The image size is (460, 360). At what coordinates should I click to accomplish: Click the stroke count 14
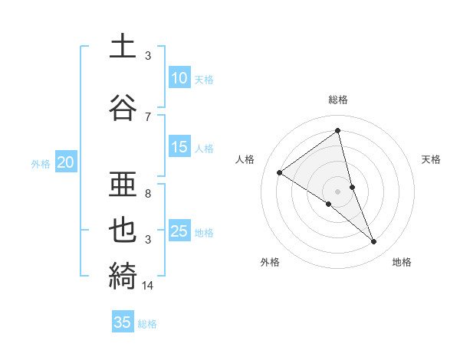(x=149, y=286)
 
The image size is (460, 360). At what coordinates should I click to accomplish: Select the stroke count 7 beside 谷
(x=148, y=116)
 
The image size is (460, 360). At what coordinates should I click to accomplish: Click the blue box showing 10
(x=179, y=77)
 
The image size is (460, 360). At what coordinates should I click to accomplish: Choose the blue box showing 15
(x=179, y=147)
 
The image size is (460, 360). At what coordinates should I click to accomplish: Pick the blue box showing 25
(x=179, y=231)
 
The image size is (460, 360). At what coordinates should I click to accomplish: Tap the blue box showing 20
(x=66, y=162)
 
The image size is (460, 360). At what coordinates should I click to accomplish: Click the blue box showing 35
(x=123, y=322)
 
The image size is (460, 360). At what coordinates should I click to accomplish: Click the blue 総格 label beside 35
(x=147, y=324)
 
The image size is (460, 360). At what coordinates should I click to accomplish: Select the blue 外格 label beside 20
(x=41, y=163)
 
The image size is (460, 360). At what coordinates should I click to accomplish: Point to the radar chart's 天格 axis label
(x=431, y=159)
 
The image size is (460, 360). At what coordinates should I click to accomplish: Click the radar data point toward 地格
(x=374, y=242)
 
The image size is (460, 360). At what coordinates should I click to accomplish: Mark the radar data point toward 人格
(x=279, y=172)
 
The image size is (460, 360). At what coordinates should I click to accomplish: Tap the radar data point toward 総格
(x=338, y=130)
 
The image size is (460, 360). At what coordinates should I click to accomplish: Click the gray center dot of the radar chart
(x=338, y=191)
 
